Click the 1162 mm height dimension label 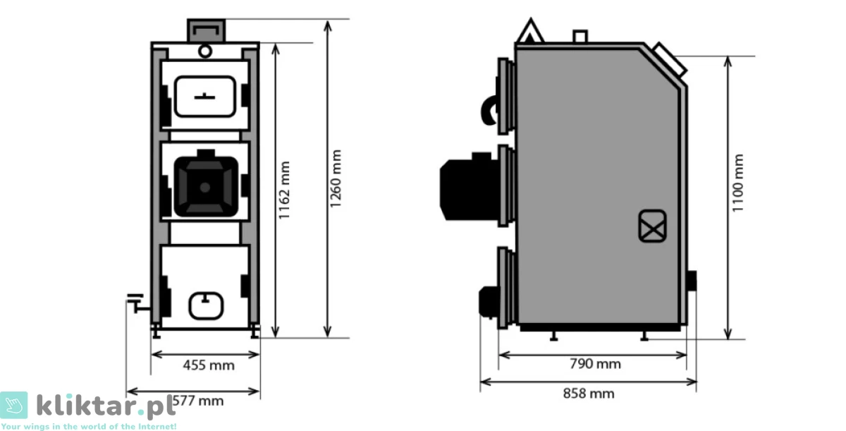(x=284, y=190)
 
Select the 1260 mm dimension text (x=336, y=178)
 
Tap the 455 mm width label (x=209, y=365)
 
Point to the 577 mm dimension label (x=198, y=401)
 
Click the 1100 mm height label (x=737, y=183)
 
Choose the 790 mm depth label (x=595, y=364)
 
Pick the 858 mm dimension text (x=589, y=394)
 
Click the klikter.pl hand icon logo (x=14, y=405)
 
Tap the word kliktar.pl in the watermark (x=106, y=406)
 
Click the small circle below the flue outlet (x=205, y=51)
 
